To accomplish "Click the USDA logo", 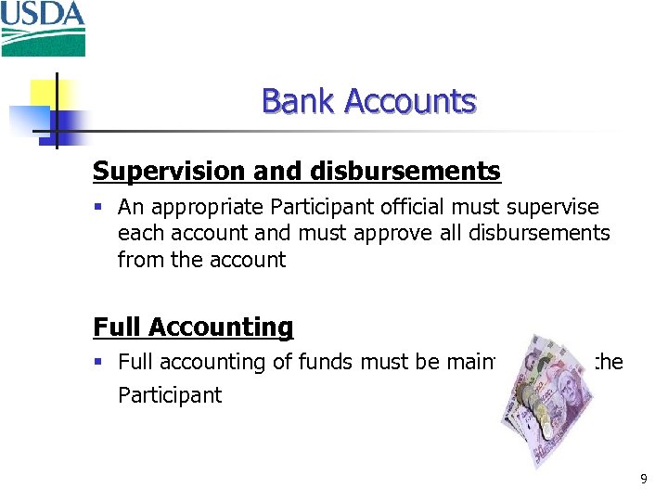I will coord(43,29).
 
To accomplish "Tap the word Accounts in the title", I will coord(410,101).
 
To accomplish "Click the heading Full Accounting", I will coord(193,328).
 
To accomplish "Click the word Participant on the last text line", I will coord(170,395).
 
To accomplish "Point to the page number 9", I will coord(644,480).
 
